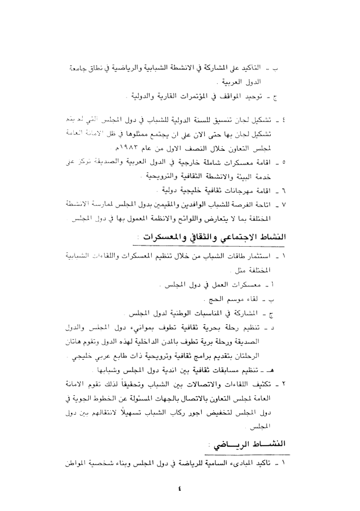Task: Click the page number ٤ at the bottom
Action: point(180,489)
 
